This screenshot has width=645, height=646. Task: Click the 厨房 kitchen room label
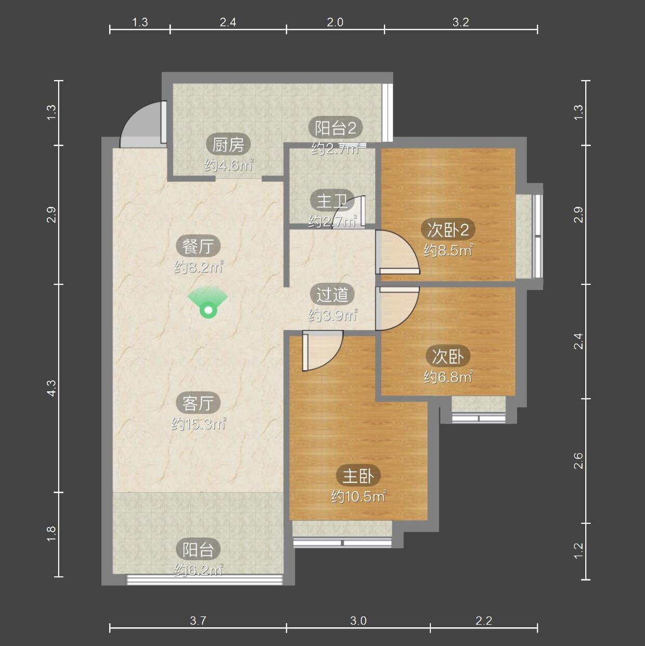point(228,145)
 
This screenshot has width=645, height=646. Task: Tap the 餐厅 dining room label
point(198,246)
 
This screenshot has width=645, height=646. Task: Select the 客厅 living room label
point(198,403)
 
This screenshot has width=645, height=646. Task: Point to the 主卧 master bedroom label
point(358,476)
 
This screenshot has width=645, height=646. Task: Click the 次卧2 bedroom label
point(448,230)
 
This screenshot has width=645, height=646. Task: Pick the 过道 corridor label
point(333,295)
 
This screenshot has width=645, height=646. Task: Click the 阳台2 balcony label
point(335,128)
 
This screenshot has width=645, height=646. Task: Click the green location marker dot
point(208,311)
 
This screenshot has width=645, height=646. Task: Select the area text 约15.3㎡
point(199,424)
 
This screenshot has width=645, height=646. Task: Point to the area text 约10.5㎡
point(359,496)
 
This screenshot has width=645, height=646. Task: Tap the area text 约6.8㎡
point(448,377)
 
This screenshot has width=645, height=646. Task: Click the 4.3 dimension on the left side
point(52,388)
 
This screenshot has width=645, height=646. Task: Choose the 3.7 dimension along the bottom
point(198,621)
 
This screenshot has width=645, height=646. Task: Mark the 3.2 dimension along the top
point(460,22)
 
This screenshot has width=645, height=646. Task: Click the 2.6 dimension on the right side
point(578,460)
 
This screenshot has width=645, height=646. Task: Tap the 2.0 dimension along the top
point(335,22)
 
